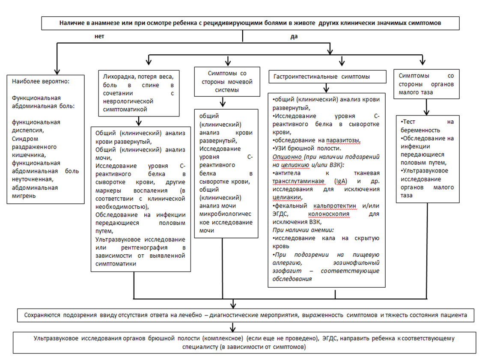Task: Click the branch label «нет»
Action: click(99, 36)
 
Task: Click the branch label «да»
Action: click(294, 36)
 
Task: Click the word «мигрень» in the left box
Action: click(24, 196)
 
